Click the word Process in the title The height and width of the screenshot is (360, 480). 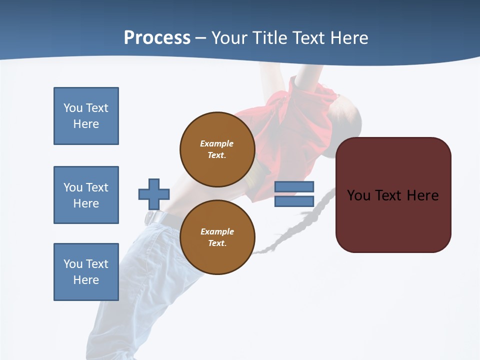(x=157, y=37)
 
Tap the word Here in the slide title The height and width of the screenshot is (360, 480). (x=348, y=37)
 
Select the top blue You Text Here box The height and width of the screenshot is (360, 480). (x=86, y=116)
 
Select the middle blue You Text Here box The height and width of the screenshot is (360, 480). (x=86, y=195)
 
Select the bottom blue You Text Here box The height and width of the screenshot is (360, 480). (x=86, y=272)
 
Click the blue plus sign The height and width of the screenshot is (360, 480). (x=154, y=194)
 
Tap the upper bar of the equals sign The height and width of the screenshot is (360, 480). (x=294, y=186)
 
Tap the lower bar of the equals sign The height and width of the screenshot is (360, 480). (x=294, y=201)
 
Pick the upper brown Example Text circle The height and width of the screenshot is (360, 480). (x=217, y=149)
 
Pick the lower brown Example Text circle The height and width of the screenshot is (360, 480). (x=217, y=237)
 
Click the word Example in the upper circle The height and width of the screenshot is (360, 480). (x=217, y=143)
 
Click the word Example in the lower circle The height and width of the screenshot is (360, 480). (x=217, y=231)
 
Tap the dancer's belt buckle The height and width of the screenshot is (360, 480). (x=150, y=218)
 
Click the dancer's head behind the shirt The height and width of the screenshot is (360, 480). (x=345, y=120)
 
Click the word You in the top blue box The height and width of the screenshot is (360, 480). (x=72, y=108)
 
